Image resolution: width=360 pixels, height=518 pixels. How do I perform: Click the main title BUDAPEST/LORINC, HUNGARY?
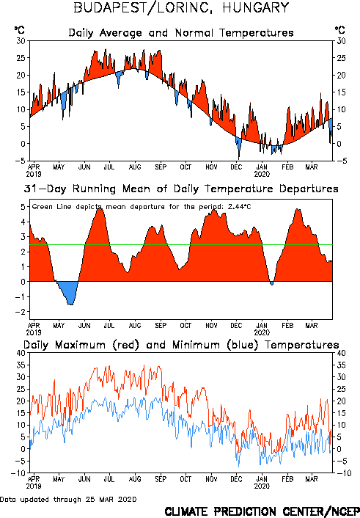(x=181, y=7)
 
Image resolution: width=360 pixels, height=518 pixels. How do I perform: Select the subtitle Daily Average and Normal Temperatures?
(x=181, y=33)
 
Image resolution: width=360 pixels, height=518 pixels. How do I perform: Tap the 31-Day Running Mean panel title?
(x=181, y=189)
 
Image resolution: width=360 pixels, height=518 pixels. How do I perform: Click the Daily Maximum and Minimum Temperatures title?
(x=181, y=345)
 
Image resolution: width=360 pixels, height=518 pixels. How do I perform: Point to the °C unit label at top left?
(x=19, y=30)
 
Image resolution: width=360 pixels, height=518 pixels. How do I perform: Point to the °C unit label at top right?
(x=340, y=30)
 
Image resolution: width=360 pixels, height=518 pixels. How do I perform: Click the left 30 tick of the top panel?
(x=21, y=41)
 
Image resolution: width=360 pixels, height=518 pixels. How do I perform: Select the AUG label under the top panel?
(x=135, y=167)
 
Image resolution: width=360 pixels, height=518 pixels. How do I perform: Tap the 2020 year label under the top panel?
(x=262, y=174)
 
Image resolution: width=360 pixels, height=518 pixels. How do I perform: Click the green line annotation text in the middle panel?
(x=142, y=207)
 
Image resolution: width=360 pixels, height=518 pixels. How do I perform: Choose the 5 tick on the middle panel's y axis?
(x=23, y=207)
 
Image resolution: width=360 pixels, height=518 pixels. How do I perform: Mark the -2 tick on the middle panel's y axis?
(x=21, y=312)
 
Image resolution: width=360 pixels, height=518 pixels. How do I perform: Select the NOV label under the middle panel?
(x=211, y=326)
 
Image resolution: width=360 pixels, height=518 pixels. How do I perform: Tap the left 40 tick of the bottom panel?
(x=21, y=353)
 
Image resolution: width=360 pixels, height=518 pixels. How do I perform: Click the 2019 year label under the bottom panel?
(x=34, y=486)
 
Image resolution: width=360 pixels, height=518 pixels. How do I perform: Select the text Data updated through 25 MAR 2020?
(x=68, y=500)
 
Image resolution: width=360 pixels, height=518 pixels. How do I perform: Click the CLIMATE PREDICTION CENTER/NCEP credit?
(x=262, y=511)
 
